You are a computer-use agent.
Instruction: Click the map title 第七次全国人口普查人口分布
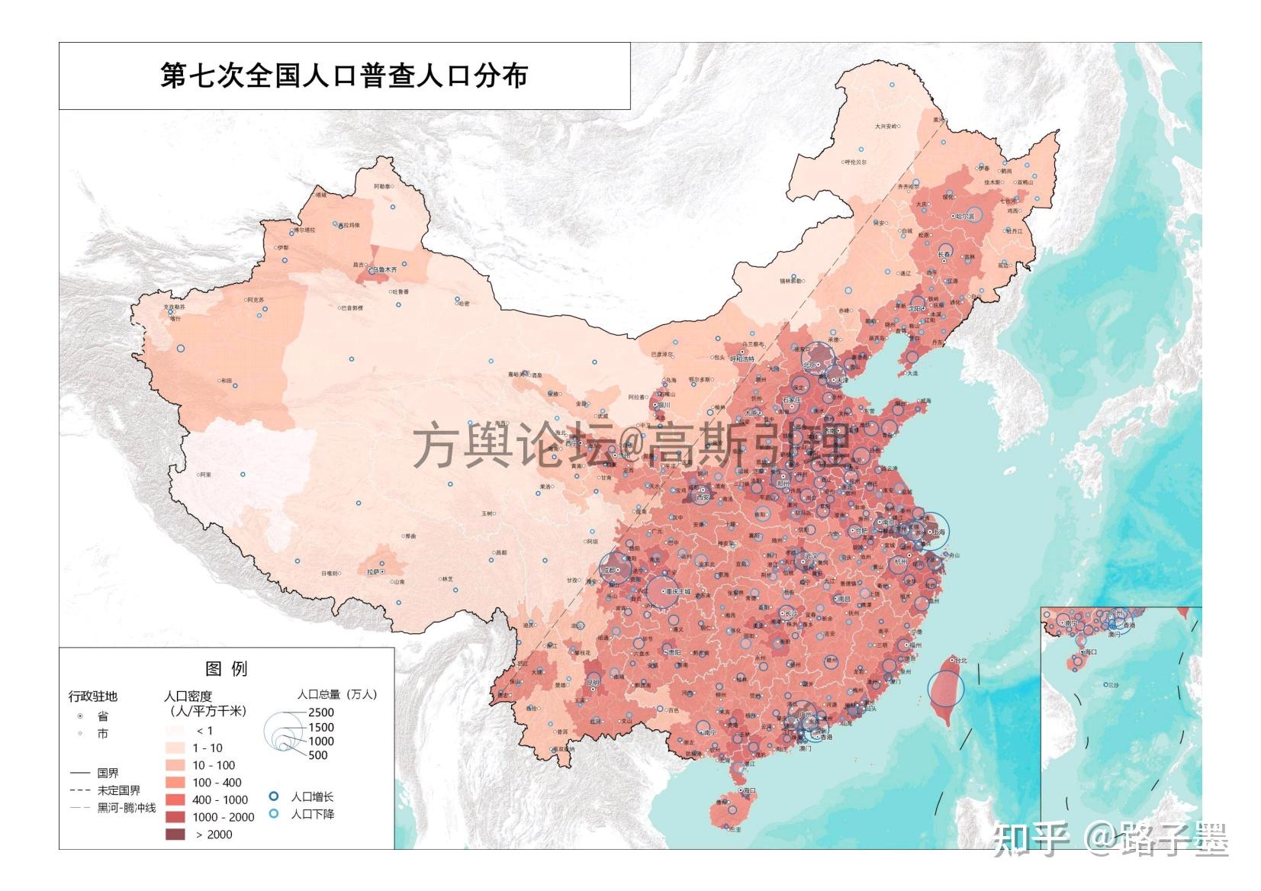click(x=343, y=76)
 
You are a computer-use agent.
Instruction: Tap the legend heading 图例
click(x=227, y=668)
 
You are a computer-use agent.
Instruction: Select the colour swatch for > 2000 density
click(x=175, y=834)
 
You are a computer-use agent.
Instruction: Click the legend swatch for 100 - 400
click(x=175, y=782)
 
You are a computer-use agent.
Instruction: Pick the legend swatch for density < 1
click(x=175, y=730)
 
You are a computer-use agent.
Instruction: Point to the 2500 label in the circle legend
click(x=321, y=712)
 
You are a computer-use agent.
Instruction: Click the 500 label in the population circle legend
click(x=318, y=755)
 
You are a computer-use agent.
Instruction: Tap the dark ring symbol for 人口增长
click(x=274, y=796)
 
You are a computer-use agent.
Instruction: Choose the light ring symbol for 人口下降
click(x=274, y=814)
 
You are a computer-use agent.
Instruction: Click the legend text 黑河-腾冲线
click(x=126, y=808)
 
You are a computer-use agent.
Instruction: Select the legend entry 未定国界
click(x=118, y=790)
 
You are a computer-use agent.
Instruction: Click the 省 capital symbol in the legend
click(x=80, y=716)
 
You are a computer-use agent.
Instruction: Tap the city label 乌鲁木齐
click(x=385, y=269)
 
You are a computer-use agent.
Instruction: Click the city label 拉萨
click(x=373, y=571)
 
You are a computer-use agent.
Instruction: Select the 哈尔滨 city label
click(x=965, y=216)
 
